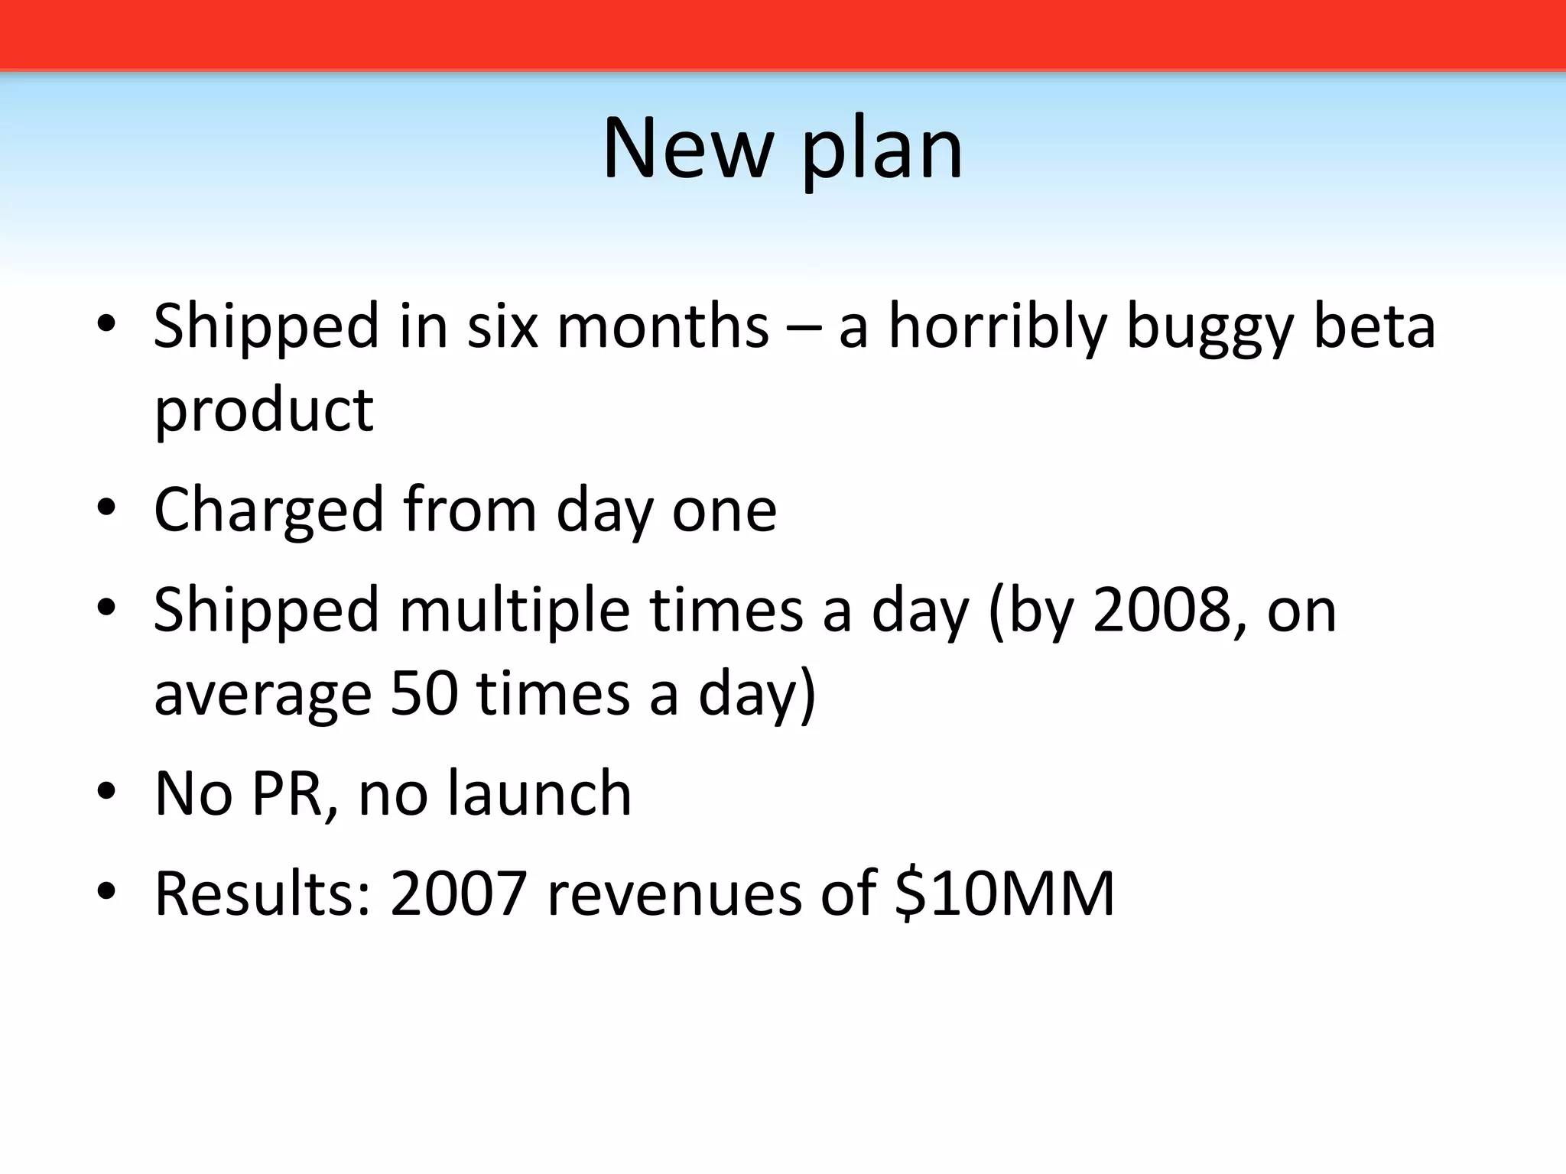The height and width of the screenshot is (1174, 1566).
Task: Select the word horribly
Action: (x=997, y=327)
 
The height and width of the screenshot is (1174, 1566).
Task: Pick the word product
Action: (x=264, y=411)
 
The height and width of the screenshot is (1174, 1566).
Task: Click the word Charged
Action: (x=268, y=511)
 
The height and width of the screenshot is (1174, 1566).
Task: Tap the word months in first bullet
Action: (x=662, y=326)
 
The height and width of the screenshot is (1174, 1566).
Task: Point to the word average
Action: (x=262, y=695)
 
